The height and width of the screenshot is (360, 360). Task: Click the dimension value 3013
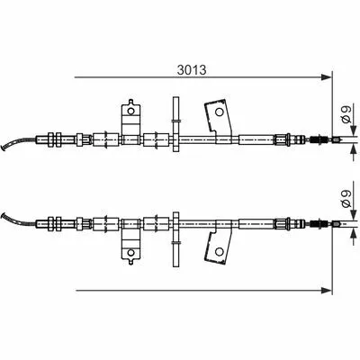pos(192,70)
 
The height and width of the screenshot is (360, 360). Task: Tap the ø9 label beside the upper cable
pos(346,115)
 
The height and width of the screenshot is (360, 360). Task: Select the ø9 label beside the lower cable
pos(346,199)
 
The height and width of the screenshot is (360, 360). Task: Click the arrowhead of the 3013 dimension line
pos(327,77)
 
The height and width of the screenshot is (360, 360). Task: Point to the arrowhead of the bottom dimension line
pos(327,290)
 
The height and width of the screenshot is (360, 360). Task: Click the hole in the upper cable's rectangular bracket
pos(130,112)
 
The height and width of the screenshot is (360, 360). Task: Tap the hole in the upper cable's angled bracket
pos(220,112)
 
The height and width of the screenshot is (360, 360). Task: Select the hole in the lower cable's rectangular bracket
pos(130,252)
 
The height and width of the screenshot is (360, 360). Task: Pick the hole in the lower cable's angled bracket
pos(220,251)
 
